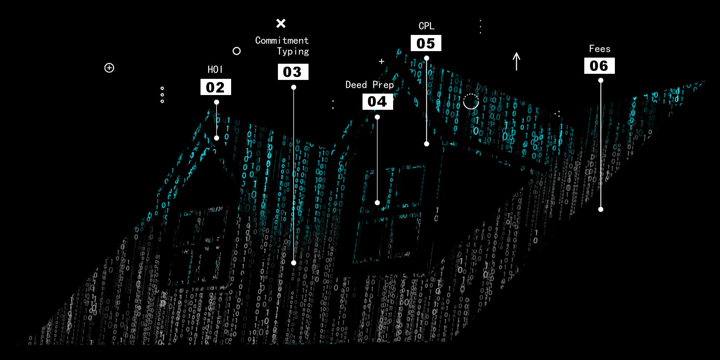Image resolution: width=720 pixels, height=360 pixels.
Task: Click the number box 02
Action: coord(216,87)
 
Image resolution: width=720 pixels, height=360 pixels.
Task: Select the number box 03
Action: coord(293,72)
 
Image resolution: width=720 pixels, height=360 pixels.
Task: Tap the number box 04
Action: coord(378,102)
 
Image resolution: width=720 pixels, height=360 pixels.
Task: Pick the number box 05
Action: coord(426,43)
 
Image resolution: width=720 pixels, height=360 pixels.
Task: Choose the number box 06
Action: coord(599,66)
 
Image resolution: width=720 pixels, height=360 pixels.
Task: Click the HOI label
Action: coord(215,69)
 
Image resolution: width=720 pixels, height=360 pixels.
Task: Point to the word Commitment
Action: coord(282,40)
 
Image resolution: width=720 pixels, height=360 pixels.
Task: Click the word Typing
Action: coord(293,52)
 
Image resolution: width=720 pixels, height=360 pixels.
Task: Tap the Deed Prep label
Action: coord(370,85)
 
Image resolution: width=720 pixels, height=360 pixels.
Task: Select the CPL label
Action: coord(427,26)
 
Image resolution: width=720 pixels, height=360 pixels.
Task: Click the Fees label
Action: coord(600,49)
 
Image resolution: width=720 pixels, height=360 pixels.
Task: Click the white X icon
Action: coord(281,23)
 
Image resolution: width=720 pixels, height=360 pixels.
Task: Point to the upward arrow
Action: coord(517,61)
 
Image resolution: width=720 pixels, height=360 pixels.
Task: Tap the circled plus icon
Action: coord(109,68)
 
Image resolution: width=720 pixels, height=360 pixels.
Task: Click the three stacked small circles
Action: coord(162,95)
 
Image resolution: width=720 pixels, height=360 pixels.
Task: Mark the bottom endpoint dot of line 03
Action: coord(294,263)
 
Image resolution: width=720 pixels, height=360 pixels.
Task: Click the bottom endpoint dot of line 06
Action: coord(601,209)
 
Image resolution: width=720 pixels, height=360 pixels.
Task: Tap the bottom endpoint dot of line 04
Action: coord(377,203)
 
